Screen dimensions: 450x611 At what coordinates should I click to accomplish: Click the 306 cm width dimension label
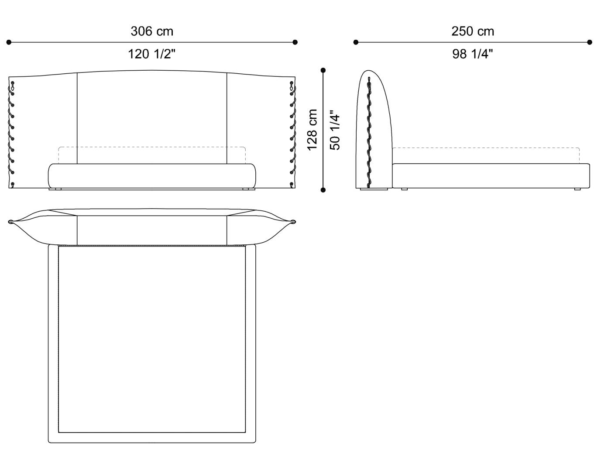[152, 31]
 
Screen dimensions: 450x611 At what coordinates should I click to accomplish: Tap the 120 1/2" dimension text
[152, 54]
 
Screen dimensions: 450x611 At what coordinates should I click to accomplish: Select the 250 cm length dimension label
[473, 31]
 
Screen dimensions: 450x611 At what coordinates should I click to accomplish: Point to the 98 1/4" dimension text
[473, 54]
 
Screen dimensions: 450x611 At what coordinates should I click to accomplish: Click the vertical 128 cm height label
[312, 130]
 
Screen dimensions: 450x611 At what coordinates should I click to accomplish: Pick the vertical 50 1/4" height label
[335, 130]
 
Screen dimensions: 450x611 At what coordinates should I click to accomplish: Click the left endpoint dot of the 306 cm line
[9, 42]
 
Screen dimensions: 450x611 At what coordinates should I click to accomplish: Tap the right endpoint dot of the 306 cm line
[295, 42]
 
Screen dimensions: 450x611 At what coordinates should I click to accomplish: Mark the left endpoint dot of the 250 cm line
[356, 42]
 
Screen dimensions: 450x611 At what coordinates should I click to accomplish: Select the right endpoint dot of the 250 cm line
[590, 42]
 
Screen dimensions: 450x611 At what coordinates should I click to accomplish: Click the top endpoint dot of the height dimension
[323, 70]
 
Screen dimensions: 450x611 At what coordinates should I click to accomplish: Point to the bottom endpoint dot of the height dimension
[323, 190]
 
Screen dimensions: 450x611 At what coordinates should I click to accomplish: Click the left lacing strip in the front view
[12, 133]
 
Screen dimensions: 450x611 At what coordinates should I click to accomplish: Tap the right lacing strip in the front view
[292, 133]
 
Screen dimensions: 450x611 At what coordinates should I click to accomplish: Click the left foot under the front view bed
[56, 189]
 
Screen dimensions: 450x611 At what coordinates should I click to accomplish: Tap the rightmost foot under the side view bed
[577, 189]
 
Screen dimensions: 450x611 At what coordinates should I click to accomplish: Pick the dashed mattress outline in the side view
[486, 148]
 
